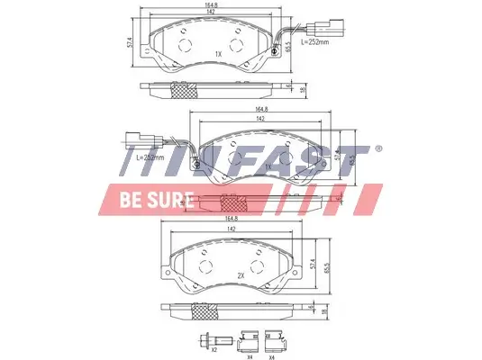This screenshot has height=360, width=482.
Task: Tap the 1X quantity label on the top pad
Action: [x=218, y=54]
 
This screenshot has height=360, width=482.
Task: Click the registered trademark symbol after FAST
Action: [x=378, y=148]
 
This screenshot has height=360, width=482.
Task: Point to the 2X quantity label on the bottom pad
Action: [x=241, y=275]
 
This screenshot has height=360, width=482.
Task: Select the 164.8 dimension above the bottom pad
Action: [x=231, y=219]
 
